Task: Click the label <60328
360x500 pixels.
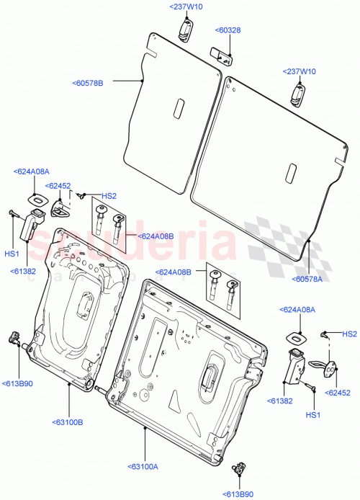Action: [x=228, y=30]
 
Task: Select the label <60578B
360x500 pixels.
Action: [x=88, y=84]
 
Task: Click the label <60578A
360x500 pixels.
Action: [x=308, y=280]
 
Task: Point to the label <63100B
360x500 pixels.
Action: [x=67, y=421]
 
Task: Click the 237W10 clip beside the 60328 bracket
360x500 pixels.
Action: [x=185, y=28]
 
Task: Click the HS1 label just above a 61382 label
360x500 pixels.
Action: [x=12, y=254]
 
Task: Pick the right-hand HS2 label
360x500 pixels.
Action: [x=349, y=334]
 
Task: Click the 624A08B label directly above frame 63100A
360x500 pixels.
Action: [x=174, y=272]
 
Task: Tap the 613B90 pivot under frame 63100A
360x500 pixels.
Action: [x=238, y=469]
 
